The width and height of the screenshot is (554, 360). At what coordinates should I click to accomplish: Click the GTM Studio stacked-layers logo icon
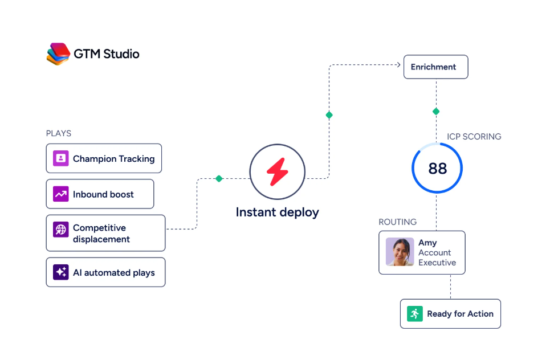(58, 54)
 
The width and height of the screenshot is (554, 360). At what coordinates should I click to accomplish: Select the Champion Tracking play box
(104, 158)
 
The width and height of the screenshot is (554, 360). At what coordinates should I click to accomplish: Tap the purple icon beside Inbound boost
(61, 194)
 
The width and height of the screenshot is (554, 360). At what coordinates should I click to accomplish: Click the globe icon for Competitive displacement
(61, 230)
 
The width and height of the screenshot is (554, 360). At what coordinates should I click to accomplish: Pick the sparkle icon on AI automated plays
(61, 272)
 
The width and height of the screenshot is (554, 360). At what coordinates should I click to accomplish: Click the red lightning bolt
(278, 171)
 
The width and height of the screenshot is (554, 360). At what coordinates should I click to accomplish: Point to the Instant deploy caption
(278, 212)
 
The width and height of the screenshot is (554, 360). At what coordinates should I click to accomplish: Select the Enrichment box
(436, 67)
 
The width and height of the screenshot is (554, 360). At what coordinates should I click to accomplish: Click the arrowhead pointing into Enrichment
(398, 64)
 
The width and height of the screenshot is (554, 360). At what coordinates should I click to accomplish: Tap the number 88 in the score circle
(437, 169)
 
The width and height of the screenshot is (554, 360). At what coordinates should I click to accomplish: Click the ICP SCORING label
(474, 137)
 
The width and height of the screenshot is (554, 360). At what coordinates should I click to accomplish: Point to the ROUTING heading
(397, 222)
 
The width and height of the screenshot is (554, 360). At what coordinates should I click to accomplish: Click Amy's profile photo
(400, 252)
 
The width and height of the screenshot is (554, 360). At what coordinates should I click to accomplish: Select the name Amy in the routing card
(427, 243)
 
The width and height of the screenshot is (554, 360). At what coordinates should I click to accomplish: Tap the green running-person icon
(415, 314)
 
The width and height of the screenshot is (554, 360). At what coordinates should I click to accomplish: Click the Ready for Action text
(460, 314)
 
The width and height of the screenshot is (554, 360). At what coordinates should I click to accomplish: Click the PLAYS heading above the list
(59, 133)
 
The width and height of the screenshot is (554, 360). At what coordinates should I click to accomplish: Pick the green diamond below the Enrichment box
(436, 112)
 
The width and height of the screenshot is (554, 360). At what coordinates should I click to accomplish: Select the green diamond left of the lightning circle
(219, 179)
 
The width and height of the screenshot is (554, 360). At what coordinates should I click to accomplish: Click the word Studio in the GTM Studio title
(121, 54)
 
